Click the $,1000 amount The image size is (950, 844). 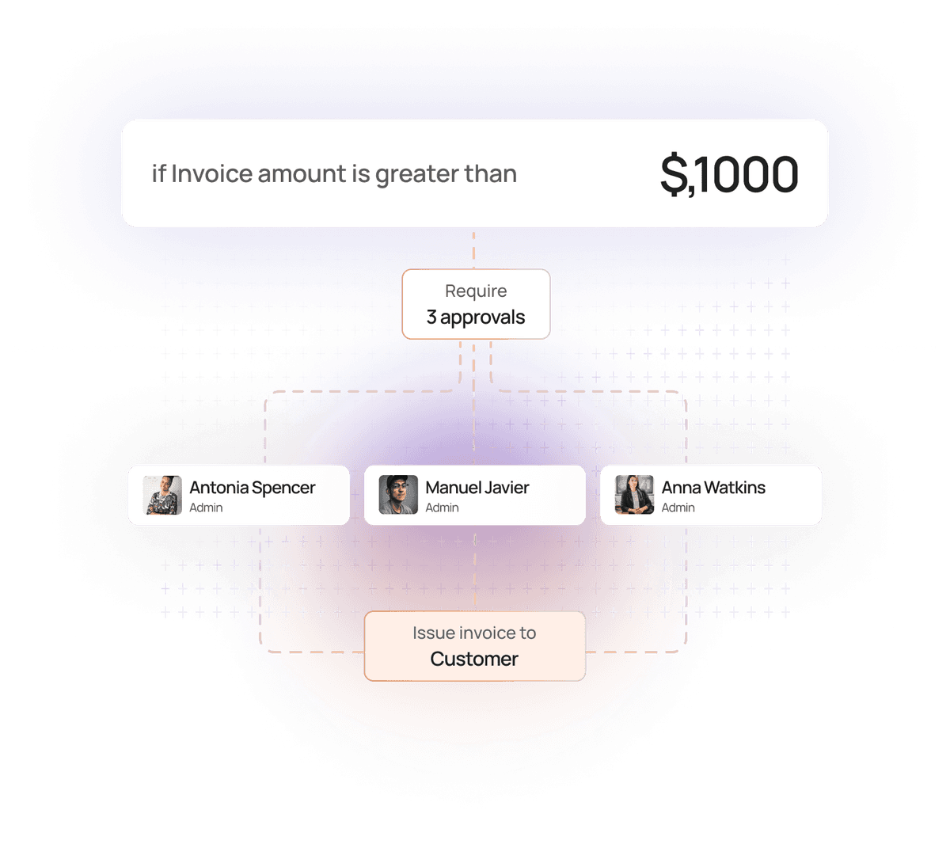click(x=729, y=175)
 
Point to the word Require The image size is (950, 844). click(x=476, y=291)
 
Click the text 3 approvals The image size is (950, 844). click(x=476, y=317)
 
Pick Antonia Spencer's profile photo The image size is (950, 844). click(x=162, y=495)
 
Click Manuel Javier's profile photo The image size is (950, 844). click(x=398, y=495)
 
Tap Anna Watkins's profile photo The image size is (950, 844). click(x=634, y=495)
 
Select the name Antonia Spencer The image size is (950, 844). click(x=252, y=488)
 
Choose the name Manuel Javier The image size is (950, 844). click(x=477, y=488)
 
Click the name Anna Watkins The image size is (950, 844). click(x=713, y=488)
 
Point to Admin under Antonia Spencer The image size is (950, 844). click(x=206, y=508)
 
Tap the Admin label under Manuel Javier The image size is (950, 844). click(x=442, y=508)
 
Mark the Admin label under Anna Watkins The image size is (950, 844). click(x=678, y=508)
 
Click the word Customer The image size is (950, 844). click(x=474, y=659)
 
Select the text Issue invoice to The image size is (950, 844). click(x=474, y=633)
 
